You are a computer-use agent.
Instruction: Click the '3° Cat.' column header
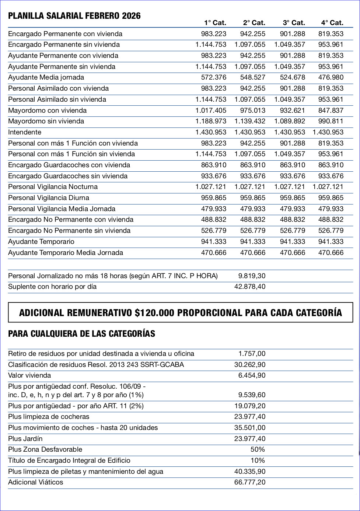point(294,23)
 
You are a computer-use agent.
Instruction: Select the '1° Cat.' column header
point(215,23)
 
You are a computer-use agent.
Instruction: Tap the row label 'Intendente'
point(25,132)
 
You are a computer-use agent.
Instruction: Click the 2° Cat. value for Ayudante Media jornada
point(252,77)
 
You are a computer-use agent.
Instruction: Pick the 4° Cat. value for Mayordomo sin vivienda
point(331,121)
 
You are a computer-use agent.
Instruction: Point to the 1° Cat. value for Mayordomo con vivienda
point(211,111)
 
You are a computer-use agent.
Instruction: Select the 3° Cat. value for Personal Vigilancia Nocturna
point(290,187)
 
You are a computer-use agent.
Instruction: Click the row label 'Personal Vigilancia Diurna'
point(49,198)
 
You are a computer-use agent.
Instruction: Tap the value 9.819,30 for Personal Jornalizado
point(252,276)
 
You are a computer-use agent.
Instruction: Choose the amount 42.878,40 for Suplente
point(250,287)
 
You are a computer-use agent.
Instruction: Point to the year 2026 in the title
point(131,16)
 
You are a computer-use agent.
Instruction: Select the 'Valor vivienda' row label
point(29,375)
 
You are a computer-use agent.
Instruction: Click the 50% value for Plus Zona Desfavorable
point(258,449)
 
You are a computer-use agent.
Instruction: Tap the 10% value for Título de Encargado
point(258,461)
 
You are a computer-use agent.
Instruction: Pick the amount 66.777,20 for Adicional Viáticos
point(250,482)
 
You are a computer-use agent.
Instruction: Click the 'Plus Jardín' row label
point(25,439)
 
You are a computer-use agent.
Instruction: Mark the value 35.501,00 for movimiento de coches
point(250,428)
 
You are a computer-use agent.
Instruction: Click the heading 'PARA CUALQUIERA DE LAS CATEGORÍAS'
point(81,334)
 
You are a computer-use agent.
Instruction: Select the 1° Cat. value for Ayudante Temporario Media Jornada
point(214,253)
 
